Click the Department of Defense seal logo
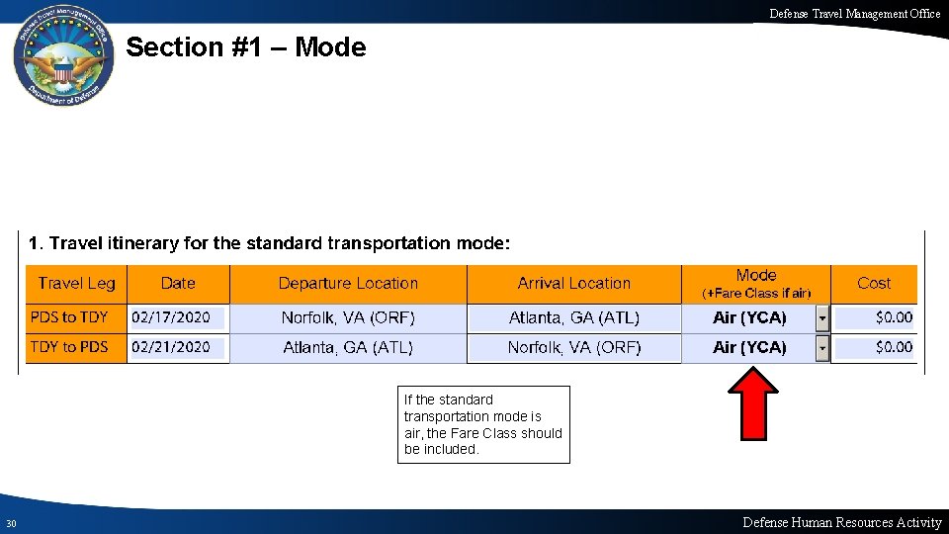[x=63, y=58]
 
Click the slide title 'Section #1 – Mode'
[x=246, y=47]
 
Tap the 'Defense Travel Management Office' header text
[x=854, y=13]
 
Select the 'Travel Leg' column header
[x=76, y=283]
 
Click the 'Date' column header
[x=178, y=283]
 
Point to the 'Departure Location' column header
[x=348, y=283]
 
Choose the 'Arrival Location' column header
[x=573, y=283]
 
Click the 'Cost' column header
[x=873, y=283]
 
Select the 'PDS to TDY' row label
[x=69, y=317]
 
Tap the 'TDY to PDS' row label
[x=69, y=347]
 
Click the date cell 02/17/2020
[x=171, y=317]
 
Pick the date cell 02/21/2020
[x=171, y=347]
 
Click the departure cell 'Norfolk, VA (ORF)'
[x=348, y=317]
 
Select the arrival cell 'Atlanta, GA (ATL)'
[x=573, y=317]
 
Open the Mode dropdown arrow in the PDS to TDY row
[x=822, y=318]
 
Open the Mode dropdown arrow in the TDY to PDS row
[x=822, y=348]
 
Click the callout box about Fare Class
[x=483, y=424]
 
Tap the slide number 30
[x=10, y=523]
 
